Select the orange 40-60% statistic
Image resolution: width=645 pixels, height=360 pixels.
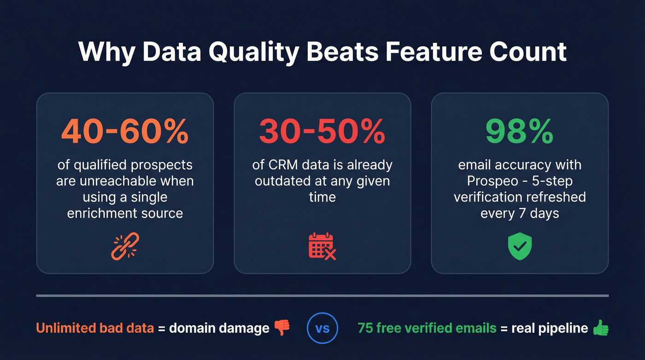tap(125, 132)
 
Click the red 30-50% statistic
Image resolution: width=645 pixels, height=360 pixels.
tap(322, 132)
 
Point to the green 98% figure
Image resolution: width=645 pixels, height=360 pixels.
tap(519, 132)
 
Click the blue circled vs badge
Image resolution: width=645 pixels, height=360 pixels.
tap(322, 329)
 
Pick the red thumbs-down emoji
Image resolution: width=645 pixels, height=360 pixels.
tap(282, 328)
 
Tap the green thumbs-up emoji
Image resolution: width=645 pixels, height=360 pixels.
tap(600, 328)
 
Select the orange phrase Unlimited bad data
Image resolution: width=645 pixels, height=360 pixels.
tap(94, 328)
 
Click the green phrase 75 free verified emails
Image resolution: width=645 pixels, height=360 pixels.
tap(427, 328)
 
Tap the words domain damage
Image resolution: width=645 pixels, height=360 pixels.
tap(219, 328)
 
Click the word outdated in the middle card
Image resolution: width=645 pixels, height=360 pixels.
tap(282, 181)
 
